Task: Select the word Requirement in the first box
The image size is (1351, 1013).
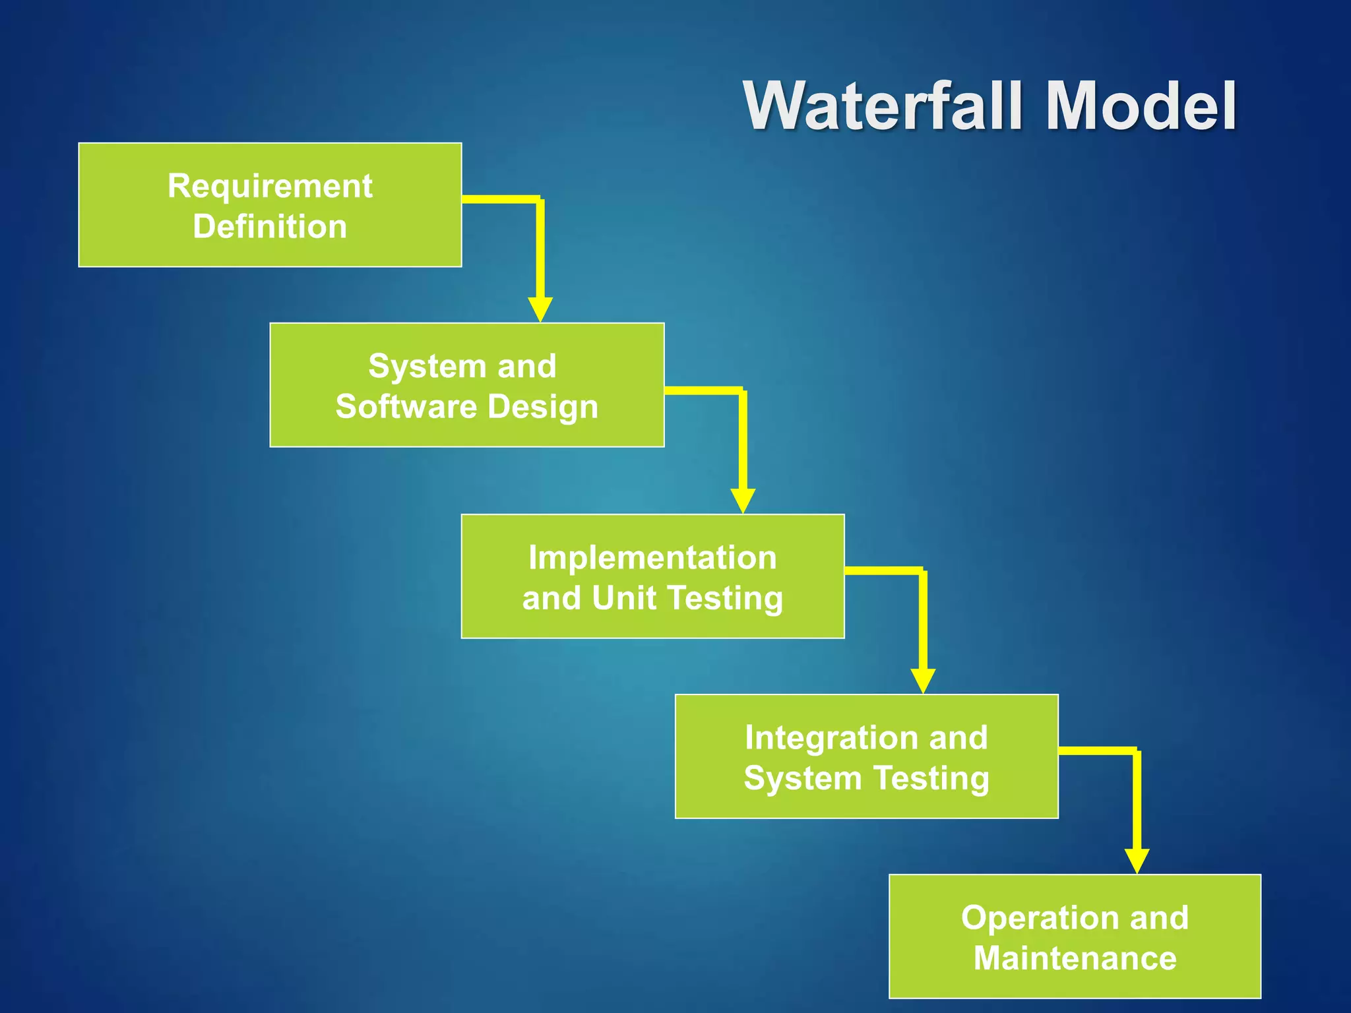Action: [270, 186]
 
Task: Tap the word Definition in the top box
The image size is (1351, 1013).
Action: [270, 227]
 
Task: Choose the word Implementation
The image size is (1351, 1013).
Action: [652, 558]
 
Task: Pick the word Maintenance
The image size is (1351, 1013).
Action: [1075, 958]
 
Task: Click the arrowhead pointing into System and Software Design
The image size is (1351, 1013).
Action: [540, 309]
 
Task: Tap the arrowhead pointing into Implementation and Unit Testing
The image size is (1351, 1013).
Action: [743, 501]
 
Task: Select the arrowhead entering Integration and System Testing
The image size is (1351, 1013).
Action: [923, 681]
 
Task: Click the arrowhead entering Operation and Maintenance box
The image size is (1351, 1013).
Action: [1137, 861]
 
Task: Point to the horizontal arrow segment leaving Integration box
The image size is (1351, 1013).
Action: [1096, 751]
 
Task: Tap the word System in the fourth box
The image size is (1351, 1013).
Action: [802, 778]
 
